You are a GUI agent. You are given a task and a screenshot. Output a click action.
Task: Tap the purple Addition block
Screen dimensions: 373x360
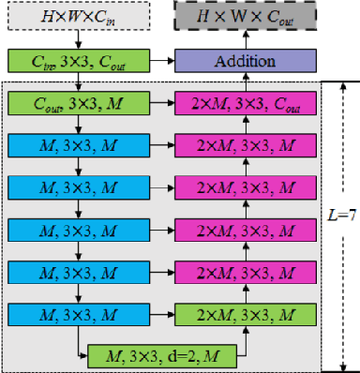pos(245,62)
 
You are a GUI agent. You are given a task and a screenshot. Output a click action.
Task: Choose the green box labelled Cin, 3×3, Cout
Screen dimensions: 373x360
pos(80,62)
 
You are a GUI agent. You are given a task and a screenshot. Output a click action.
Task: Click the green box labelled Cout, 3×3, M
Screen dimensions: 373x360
pos(80,104)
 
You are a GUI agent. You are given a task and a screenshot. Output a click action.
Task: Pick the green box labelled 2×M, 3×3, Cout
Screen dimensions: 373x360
pos(245,104)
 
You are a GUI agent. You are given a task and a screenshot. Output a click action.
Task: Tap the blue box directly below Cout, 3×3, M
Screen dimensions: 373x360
pos(80,145)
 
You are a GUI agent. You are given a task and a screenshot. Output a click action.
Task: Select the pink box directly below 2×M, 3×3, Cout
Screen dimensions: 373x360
pos(245,145)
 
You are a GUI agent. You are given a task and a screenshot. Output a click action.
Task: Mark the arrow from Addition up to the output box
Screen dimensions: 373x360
pos(245,40)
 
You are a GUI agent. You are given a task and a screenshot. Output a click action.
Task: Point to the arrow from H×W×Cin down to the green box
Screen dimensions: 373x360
pos(80,40)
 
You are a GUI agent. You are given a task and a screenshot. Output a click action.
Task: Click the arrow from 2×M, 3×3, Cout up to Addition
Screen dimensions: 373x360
pos(245,82)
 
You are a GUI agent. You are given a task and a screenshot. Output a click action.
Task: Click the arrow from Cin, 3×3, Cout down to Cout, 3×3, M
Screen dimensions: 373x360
pos(80,82)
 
